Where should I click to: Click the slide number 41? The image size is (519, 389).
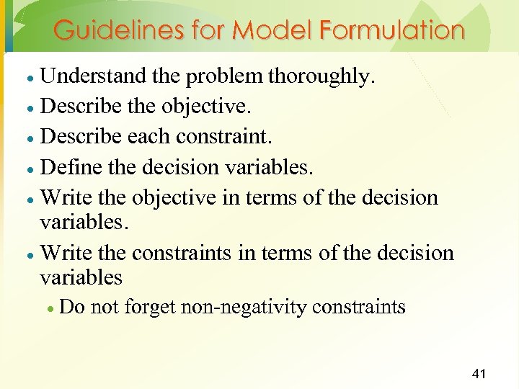pos(479,373)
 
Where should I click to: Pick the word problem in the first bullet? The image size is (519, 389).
pos(230,76)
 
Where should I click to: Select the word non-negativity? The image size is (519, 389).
pos(243,307)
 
